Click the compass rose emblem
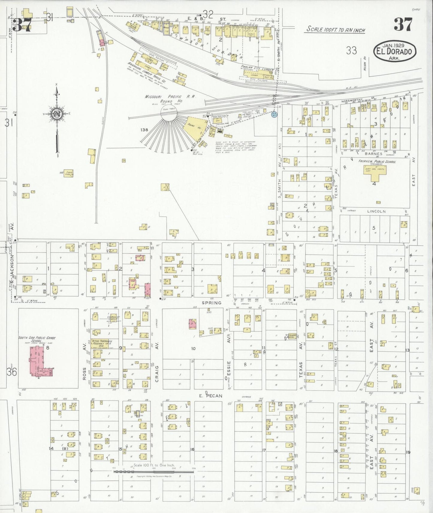56,114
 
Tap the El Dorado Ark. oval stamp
395,51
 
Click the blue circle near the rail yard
274,114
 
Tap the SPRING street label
211,303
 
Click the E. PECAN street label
211,395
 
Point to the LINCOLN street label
376,211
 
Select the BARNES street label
373,154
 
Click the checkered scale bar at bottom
153,472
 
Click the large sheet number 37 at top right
403,25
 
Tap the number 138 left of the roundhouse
144,130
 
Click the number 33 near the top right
351,50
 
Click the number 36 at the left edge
12,372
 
